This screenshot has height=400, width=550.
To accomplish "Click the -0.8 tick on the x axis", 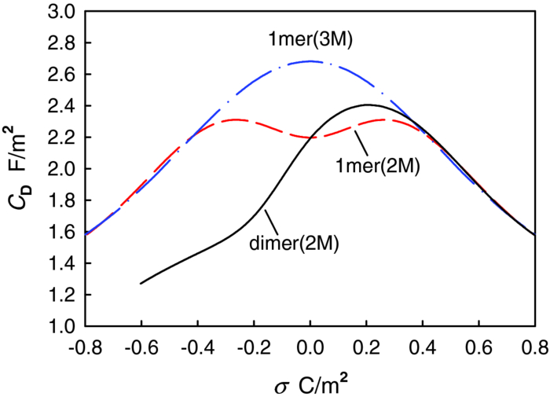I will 86,347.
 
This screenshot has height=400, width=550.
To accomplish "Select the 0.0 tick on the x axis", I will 310,347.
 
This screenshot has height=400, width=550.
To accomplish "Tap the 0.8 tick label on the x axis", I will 533,347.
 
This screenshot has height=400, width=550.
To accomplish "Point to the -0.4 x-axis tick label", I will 198,347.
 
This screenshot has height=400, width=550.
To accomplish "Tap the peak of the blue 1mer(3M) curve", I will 310,61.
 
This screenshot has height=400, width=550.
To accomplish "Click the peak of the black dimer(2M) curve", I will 367,105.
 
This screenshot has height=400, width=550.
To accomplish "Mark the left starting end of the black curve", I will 141,283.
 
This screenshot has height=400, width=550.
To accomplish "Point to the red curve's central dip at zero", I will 310,138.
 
